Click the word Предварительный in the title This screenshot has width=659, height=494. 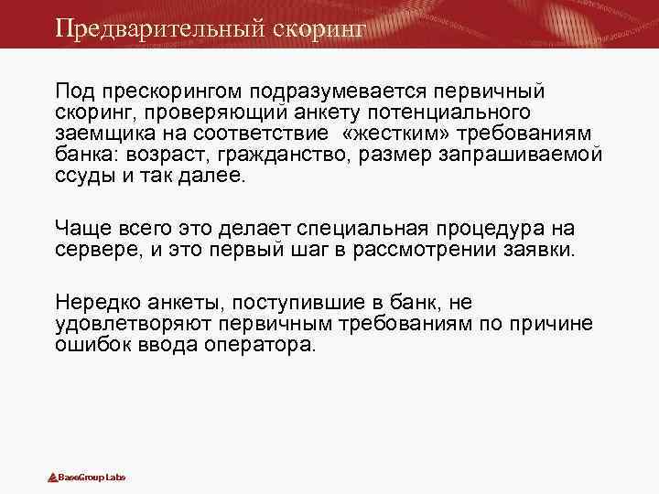(159, 28)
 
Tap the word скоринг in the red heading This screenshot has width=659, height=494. (319, 28)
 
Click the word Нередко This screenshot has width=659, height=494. (93, 301)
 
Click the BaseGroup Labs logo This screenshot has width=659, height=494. (87, 478)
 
